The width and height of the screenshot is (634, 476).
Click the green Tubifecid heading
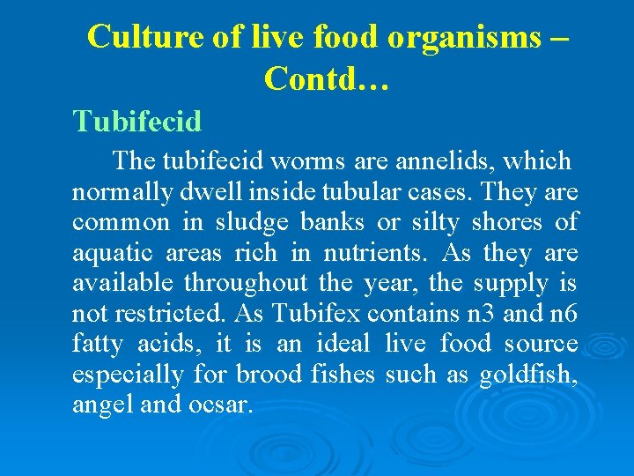(x=136, y=120)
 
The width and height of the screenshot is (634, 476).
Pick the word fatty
(x=98, y=344)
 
